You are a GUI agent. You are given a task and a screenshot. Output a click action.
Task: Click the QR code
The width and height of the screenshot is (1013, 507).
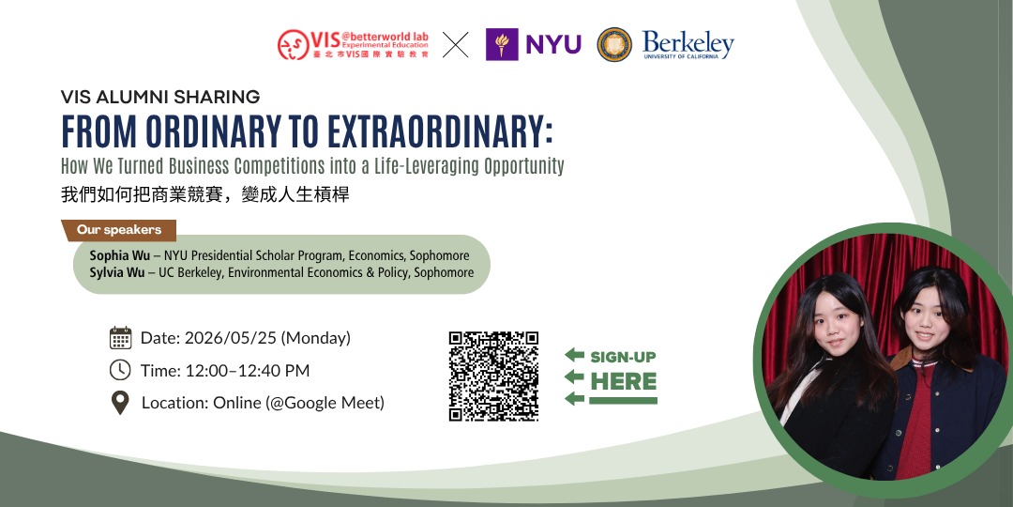[493, 376]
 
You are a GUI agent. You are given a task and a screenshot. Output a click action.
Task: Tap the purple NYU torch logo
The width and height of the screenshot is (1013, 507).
[502, 44]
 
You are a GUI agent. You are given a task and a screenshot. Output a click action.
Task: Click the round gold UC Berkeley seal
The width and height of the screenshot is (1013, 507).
[614, 44]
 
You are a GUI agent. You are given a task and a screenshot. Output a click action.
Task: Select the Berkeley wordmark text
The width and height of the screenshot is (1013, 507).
[688, 42]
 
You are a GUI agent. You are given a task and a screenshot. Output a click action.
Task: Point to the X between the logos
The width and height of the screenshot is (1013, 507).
[455, 44]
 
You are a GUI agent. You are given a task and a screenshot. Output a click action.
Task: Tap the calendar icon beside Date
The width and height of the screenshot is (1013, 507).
[120, 338]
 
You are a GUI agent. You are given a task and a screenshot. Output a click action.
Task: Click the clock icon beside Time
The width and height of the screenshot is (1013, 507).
[120, 370]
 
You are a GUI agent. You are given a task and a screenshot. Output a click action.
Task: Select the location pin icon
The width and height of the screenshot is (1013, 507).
[120, 403]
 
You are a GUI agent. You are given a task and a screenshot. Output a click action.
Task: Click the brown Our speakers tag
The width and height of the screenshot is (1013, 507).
[119, 230]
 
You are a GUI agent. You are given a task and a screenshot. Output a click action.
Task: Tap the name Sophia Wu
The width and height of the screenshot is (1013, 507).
[116, 255]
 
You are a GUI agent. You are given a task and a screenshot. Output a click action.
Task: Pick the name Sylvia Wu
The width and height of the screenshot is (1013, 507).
[116, 272]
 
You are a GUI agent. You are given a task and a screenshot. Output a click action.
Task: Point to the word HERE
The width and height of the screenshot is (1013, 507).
[623, 381]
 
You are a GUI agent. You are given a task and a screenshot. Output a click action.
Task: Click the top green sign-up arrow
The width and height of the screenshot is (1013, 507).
[574, 355]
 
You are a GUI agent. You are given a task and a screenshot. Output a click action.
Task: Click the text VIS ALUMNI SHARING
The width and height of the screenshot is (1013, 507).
[159, 97]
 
